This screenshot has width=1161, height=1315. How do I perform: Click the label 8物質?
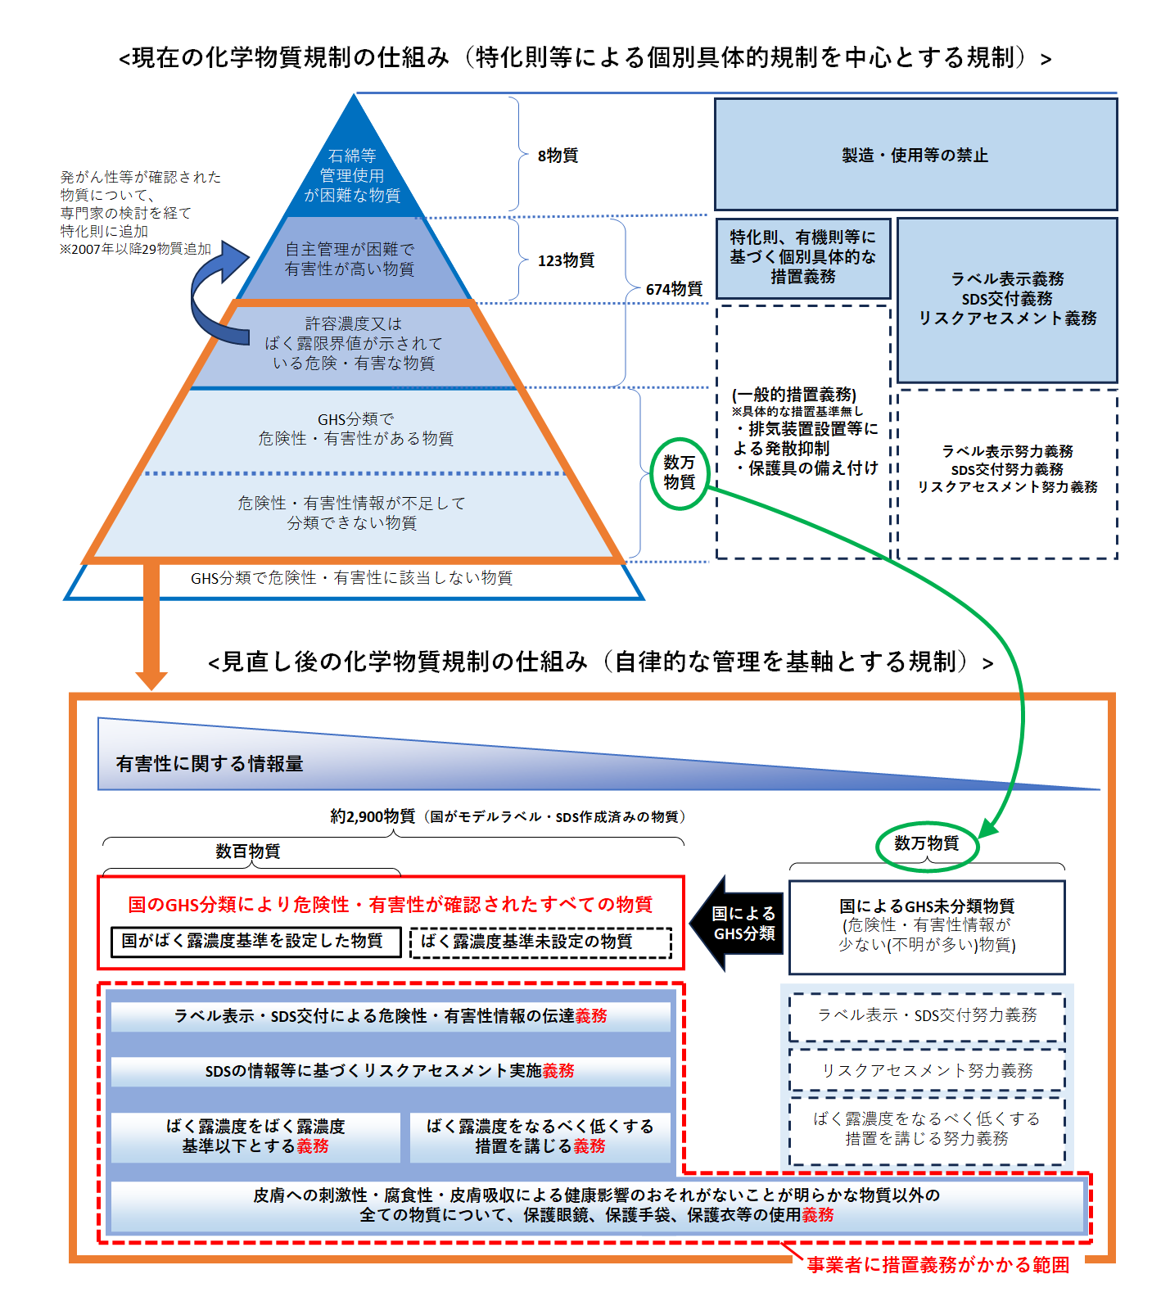558,156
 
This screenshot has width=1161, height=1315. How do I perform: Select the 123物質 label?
566,260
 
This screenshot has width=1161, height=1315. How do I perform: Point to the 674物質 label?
674,289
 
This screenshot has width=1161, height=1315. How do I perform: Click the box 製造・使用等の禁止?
915,155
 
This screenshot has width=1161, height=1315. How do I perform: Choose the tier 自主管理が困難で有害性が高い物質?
350,259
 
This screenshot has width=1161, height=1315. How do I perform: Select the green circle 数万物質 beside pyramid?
680,472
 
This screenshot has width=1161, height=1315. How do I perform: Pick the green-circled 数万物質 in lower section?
927,843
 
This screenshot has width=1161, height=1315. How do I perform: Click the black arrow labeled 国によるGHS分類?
738,924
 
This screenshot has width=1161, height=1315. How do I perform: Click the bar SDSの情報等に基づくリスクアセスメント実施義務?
390,1071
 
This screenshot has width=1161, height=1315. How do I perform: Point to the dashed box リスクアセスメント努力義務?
927,1070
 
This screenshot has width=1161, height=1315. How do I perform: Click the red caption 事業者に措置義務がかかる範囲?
937,1265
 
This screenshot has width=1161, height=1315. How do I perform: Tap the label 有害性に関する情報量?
210,764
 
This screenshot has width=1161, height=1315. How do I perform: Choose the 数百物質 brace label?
247,852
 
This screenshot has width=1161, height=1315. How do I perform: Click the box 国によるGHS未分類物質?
927,925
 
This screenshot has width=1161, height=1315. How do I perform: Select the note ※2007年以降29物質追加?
136,249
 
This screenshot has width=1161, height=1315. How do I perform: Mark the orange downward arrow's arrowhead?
151,680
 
